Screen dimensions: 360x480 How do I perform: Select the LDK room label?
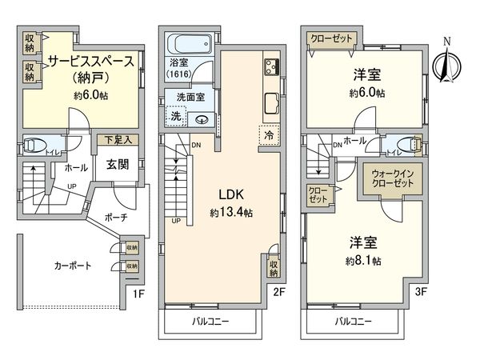coord(228,194)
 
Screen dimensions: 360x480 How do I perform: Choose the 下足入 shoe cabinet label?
coord(114,139)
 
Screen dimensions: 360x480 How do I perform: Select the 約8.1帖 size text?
coord(363,261)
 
